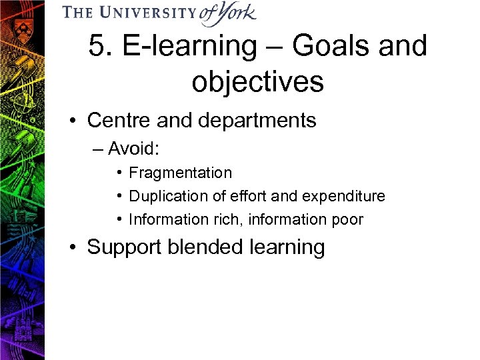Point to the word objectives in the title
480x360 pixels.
pos(257,82)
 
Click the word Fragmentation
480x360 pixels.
pos(180,173)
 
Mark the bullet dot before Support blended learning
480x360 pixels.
pos(77,247)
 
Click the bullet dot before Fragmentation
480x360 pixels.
pos(117,173)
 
